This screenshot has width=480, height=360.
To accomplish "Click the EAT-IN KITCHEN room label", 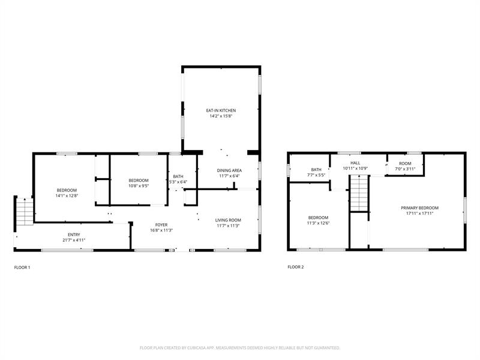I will pyautogui.click(x=221, y=110).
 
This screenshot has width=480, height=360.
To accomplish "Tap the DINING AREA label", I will pyautogui.click(x=229, y=170).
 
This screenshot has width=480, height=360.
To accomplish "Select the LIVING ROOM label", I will pyautogui.click(x=228, y=220).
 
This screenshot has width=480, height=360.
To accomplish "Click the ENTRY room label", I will pyautogui.click(x=74, y=235).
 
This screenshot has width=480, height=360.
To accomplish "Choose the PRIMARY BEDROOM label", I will pyautogui.click(x=419, y=208).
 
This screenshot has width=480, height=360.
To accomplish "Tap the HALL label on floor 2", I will pyautogui.click(x=355, y=163).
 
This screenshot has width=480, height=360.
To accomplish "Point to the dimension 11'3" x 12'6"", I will pyautogui.click(x=318, y=223).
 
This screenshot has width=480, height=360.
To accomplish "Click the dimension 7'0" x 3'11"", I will pyautogui.click(x=406, y=169).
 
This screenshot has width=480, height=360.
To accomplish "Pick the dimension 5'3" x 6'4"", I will pyautogui.click(x=178, y=182).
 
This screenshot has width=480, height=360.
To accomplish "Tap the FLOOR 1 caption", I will pyautogui.click(x=22, y=267).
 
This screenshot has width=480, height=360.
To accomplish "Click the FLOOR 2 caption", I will pyautogui.click(x=296, y=267).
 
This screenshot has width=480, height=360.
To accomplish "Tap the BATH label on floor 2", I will pyautogui.click(x=316, y=170).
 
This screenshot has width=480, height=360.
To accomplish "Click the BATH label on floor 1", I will pyautogui.click(x=178, y=176).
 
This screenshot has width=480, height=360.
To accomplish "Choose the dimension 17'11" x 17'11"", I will pyautogui.click(x=419, y=213).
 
